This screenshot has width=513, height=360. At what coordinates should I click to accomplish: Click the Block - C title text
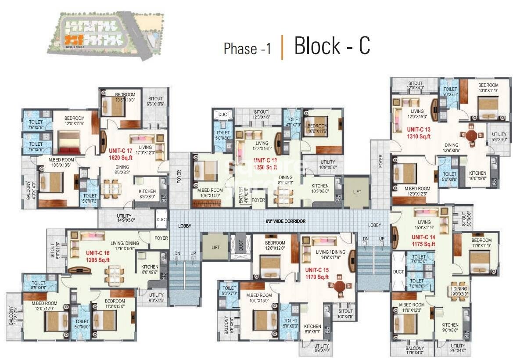[x=332, y=46]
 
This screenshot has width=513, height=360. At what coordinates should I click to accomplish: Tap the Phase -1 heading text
[x=247, y=49]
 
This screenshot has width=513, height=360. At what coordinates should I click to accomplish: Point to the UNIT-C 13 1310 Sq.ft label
[x=419, y=133]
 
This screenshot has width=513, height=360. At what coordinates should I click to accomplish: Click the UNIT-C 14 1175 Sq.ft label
[x=423, y=241]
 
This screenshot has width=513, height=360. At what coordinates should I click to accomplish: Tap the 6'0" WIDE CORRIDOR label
[x=285, y=221]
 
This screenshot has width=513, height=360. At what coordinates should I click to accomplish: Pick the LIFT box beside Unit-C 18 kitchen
[x=356, y=192]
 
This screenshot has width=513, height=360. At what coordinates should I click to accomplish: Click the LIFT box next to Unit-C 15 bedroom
[x=215, y=248]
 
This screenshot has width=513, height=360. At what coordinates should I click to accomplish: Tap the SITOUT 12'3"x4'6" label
[x=261, y=115]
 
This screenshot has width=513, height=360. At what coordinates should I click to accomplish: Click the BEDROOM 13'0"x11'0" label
[x=488, y=88]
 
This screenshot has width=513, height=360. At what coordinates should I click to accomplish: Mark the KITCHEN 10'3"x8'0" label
[x=320, y=188]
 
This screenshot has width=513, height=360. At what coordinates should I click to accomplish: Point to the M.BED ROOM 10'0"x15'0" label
[x=259, y=298]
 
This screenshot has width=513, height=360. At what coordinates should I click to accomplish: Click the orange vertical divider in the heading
[x=282, y=47]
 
